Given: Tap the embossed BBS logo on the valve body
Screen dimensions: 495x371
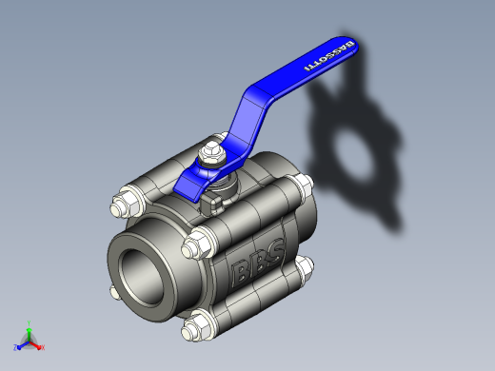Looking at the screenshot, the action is pyautogui.click(x=258, y=263).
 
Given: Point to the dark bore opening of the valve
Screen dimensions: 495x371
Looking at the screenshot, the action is pyautogui.click(x=141, y=277).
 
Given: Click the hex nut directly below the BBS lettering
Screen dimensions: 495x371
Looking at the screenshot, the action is pyautogui.click(x=197, y=326).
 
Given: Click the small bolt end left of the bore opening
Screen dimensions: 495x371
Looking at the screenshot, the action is pyautogui.click(x=115, y=292).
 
